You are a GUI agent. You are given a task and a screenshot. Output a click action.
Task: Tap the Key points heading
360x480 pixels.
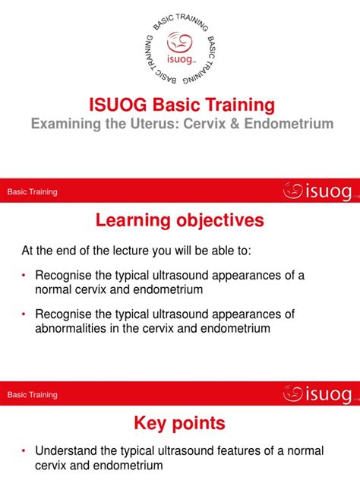tap(180, 423)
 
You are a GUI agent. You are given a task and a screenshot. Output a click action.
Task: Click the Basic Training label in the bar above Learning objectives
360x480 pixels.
tap(32, 192)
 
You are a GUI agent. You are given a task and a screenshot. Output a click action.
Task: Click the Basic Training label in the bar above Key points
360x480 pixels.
tap(32, 395)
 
